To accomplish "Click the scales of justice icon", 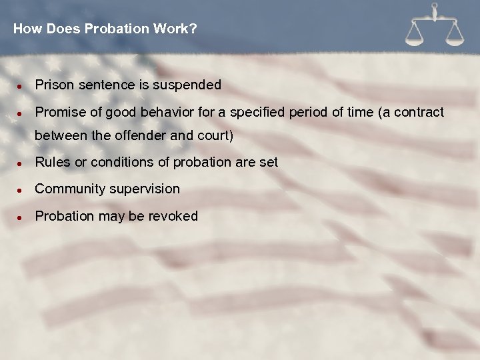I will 435,26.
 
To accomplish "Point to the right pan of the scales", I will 455,39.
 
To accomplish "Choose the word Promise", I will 57,112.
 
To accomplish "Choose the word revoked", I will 174,216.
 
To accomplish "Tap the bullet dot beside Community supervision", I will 21,190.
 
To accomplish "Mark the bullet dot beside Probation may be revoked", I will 21,217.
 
